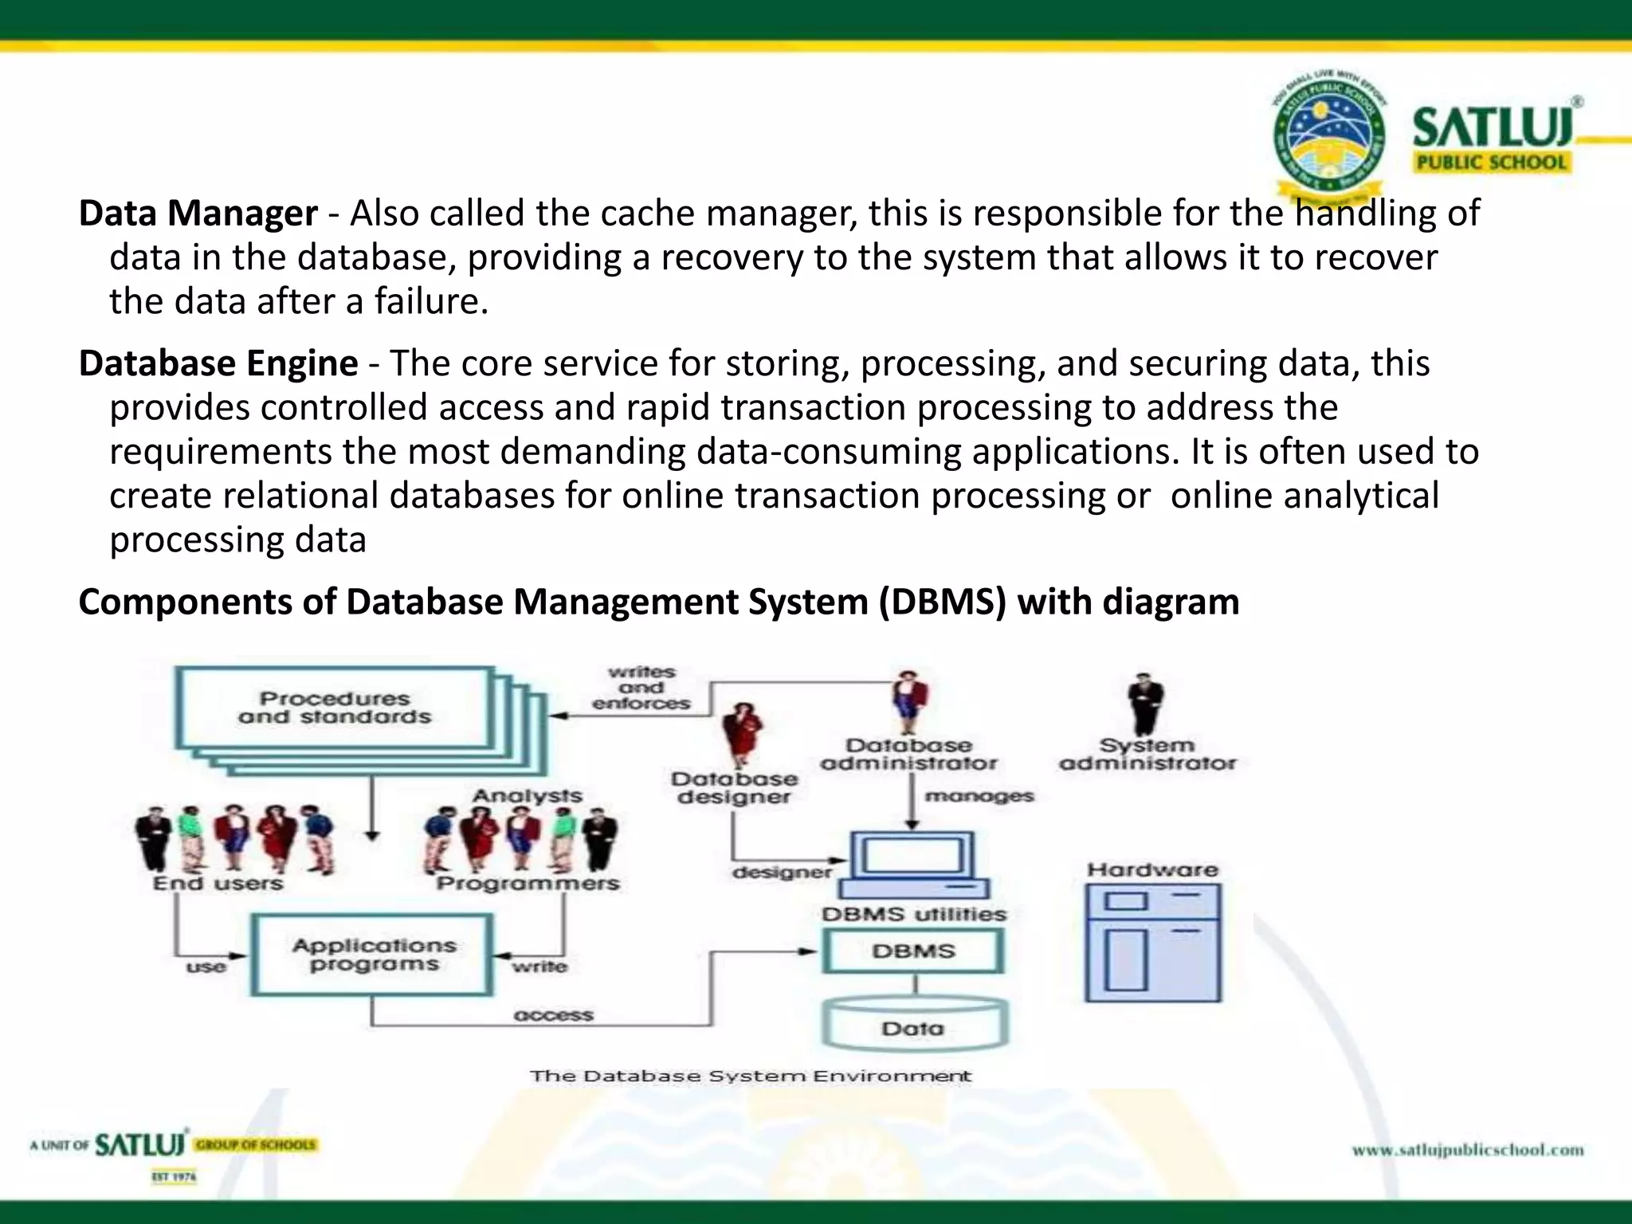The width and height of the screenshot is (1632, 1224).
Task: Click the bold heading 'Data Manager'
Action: [198, 214]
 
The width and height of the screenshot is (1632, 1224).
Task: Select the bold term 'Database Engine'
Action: [218, 363]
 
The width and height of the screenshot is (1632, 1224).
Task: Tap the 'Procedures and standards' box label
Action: [335, 708]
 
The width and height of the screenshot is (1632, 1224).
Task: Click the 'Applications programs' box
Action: [373, 955]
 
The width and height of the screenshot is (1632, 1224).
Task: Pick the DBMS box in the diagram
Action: [913, 951]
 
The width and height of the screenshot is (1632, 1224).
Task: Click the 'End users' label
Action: [218, 884]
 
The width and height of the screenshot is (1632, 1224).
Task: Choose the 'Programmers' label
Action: [528, 884]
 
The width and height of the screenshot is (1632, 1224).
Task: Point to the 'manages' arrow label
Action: [979, 796]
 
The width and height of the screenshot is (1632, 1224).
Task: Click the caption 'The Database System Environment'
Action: [751, 1077]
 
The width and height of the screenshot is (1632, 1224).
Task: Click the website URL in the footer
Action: [1468, 1150]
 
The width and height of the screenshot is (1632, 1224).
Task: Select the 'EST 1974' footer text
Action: [174, 1177]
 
